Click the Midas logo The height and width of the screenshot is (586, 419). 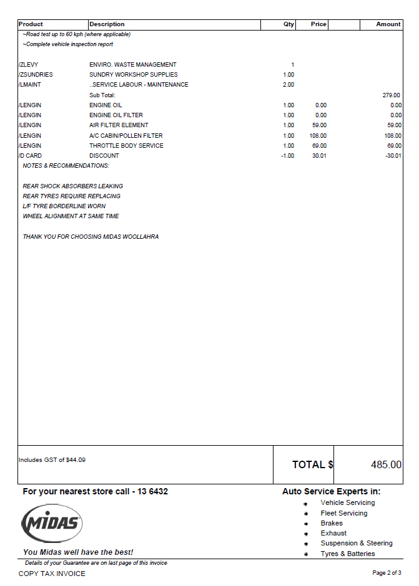(x=52, y=522)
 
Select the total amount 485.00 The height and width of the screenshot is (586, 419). (x=386, y=464)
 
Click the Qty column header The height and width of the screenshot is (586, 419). (x=288, y=24)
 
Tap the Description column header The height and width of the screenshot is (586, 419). (x=107, y=24)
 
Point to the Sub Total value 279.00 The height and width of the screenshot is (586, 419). (x=392, y=95)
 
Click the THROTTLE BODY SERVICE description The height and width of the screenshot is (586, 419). (x=126, y=146)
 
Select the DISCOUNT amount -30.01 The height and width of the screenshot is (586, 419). (x=393, y=156)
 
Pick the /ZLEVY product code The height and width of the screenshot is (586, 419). (x=29, y=65)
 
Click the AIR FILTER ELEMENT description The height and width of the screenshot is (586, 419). (x=119, y=125)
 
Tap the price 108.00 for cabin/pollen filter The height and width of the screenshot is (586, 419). (x=318, y=136)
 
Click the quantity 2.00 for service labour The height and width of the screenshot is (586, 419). (x=288, y=85)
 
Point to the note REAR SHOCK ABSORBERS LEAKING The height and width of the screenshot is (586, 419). (x=72, y=186)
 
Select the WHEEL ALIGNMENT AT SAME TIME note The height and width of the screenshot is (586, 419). (x=71, y=216)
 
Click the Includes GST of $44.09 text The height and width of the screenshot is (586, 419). (x=52, y=460)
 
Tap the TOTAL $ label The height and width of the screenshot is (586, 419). (x=312, y=464)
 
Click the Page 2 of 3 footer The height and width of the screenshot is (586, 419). (x=387, y=573)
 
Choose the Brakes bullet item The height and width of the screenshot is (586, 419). (x=332, y=523)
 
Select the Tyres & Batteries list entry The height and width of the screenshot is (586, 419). (x=347, y=554)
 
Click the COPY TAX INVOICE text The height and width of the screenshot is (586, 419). (x=52, y=574)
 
